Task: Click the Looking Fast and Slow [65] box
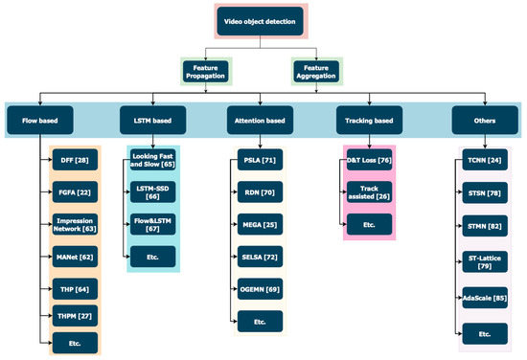[x=154, y=159]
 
